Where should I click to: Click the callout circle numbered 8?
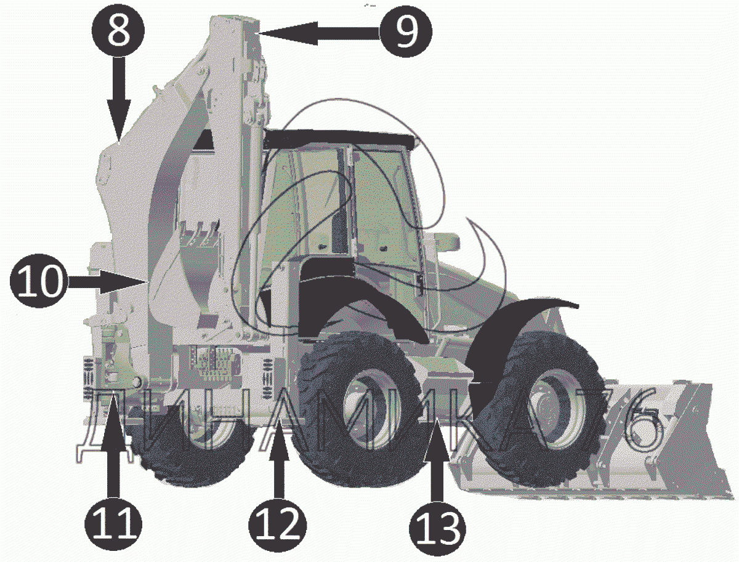click(118, 31)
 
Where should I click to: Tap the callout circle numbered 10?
click(37, 281)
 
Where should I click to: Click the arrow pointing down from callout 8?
click(118, 100)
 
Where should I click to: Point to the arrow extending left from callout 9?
click(318, 33)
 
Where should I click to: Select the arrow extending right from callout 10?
click(105, 281)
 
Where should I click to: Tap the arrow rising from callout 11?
click(113, 445)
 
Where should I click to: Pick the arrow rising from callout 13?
click(437, 459)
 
